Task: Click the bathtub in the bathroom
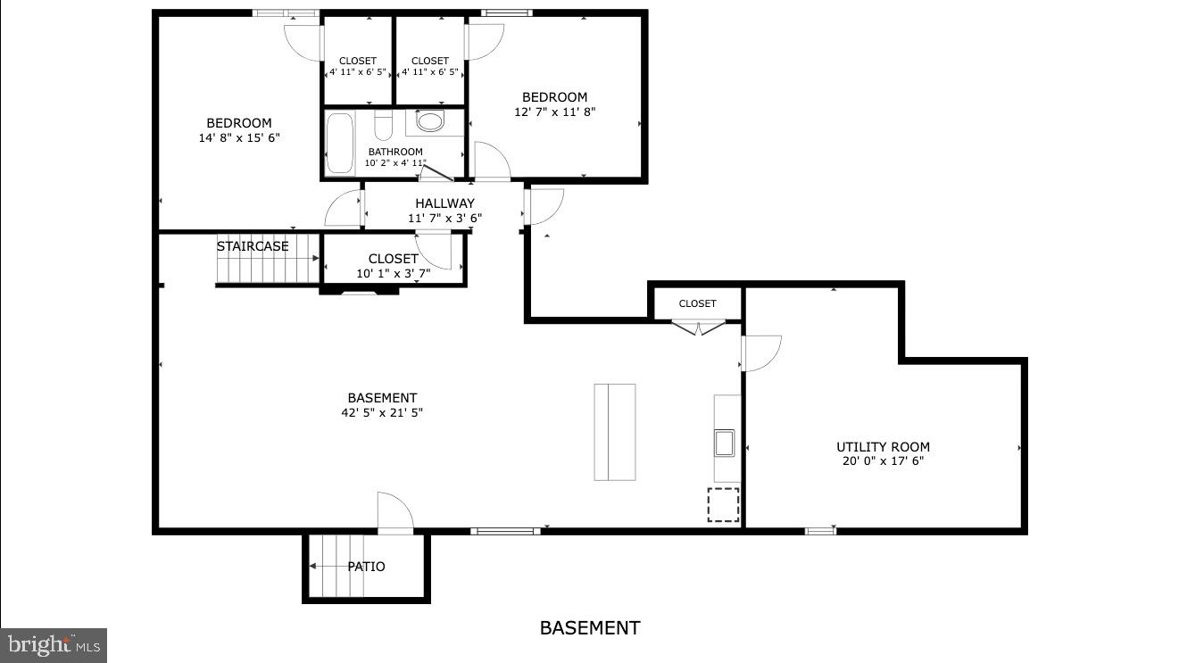coord(339,143)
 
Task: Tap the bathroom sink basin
coord(429,121)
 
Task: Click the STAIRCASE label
coord(253,246)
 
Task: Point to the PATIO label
coord(366,567)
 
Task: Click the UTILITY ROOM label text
coord(883,447)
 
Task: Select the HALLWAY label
coord(444,203)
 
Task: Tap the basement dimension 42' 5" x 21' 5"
coord(382,412)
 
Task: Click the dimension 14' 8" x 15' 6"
coord(239,137)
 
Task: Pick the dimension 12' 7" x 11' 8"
coord(554,112)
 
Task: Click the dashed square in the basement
coord(724,505)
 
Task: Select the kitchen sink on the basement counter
coord(724,443)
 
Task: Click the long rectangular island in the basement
coord(615,432)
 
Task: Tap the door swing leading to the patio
coord(394,512)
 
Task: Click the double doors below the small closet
coord(699,327)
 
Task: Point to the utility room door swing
coord(760,352)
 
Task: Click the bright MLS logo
coord(53,644)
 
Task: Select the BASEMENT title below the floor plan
coord(589,628)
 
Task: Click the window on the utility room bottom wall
coord(820,531)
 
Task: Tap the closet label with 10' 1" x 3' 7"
coord(394,266)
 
